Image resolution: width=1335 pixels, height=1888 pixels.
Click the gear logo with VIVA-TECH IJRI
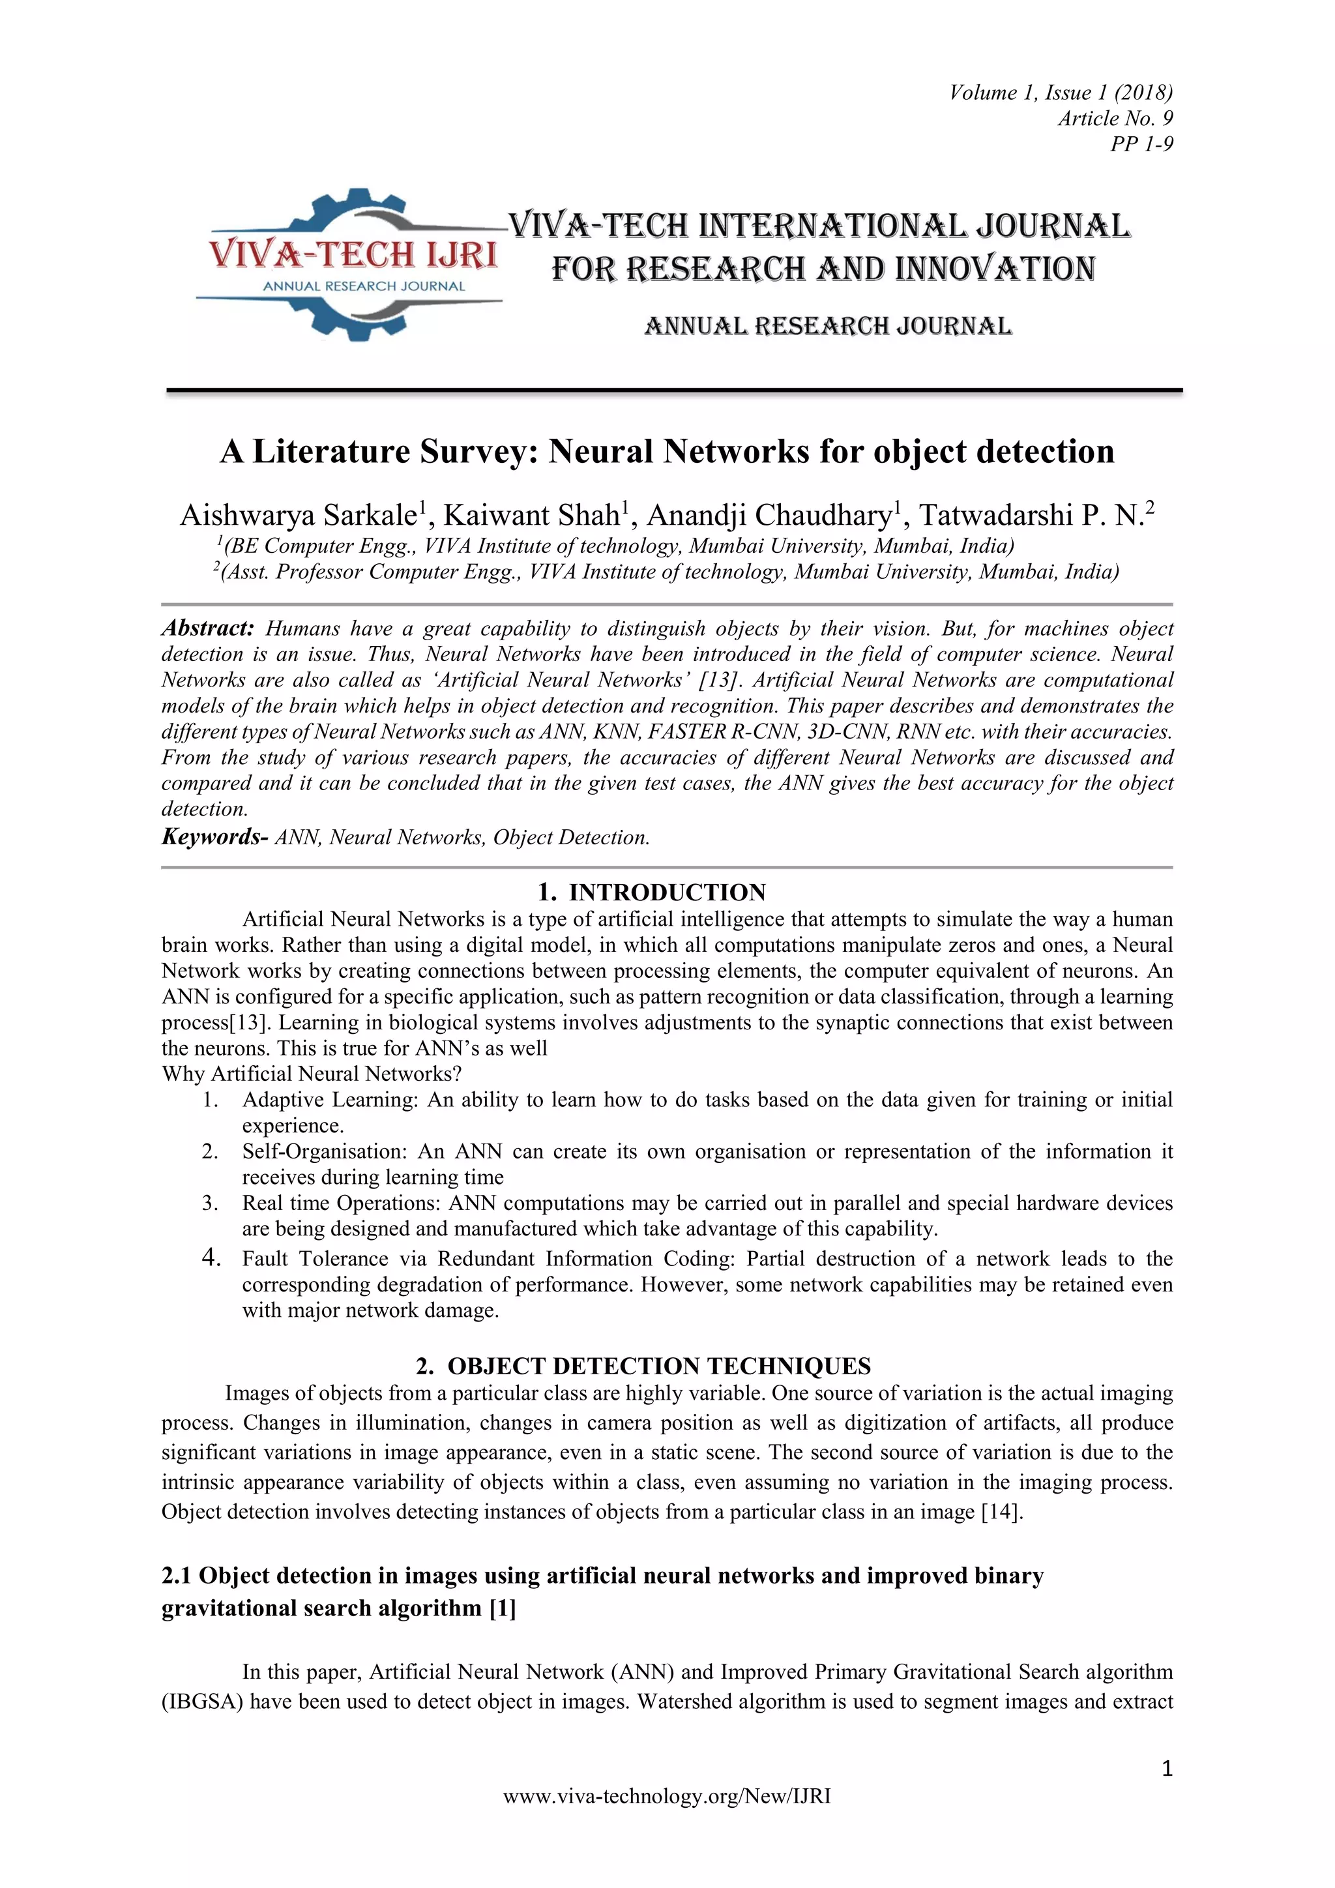[349, 263]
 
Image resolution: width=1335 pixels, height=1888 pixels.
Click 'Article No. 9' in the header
[1115, 119]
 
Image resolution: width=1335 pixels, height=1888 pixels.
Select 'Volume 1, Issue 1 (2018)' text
[1061, 92]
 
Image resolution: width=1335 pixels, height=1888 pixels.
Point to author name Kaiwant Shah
[532, 516]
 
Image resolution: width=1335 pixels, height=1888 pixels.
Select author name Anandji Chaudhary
[769, 516]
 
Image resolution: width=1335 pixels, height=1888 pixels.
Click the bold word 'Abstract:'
[208, 628]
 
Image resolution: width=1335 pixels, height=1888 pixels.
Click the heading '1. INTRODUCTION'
[651, 892]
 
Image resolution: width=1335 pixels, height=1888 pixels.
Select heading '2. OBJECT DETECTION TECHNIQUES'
[643, 1366]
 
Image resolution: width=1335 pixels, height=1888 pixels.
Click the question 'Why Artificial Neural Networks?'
[312, 1073]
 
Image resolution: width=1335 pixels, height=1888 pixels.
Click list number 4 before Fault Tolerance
[211, 1258]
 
